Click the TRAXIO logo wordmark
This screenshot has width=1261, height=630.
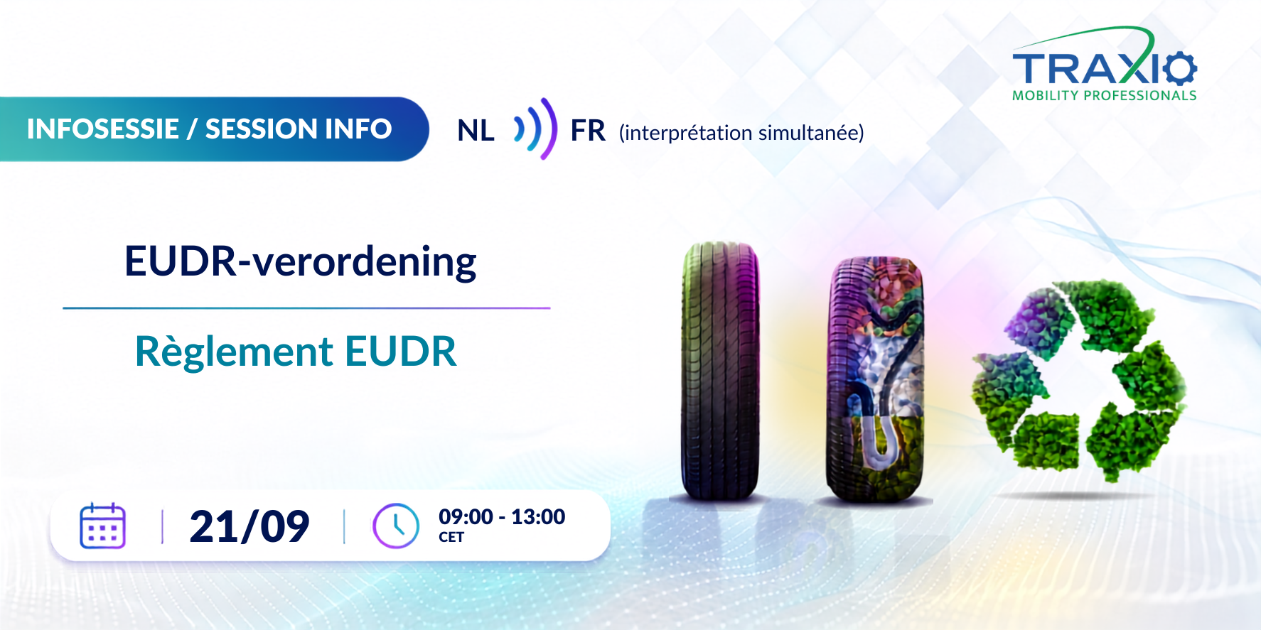click(x=1105, y=67)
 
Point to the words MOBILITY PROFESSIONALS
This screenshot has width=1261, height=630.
click(x=1105, y=95)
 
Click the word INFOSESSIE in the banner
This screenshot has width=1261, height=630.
click(x=103, y=129)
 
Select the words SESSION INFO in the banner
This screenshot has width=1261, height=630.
click(x=299, y=129)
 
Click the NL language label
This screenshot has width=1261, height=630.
click(x=476, y=131)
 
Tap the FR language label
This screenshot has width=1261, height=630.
click(x=588, y=131)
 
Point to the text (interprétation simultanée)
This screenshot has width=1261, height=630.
click(x=741, y=133)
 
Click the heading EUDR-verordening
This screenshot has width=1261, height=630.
click(x=301, y=262)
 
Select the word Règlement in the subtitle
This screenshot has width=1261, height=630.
click(x=234, y=352)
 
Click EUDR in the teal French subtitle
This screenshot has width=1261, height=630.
click(x=401, y=352)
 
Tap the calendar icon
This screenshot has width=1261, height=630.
click(x=103, y=526)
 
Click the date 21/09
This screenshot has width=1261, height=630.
click(x=249, y=527)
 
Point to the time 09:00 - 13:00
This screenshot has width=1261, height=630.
click(x=502, y=516)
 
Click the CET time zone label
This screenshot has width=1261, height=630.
click(x=451, y=537)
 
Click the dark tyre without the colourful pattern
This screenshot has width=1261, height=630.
click(x=720, y=371)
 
